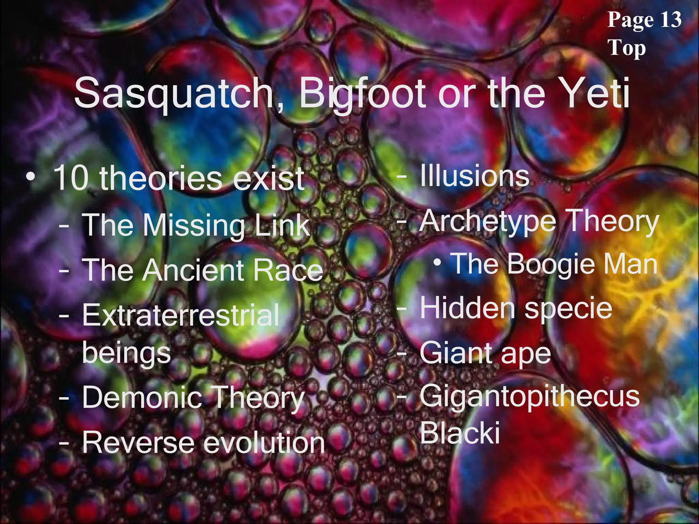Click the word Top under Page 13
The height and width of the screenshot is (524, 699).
627,48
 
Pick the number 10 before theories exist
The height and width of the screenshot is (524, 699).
72,178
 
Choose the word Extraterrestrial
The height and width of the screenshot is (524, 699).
181,315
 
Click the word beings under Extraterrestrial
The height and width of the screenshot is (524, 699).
126,354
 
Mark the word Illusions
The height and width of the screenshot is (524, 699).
474,176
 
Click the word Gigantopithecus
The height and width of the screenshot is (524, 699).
529,397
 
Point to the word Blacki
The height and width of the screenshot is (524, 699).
460,433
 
